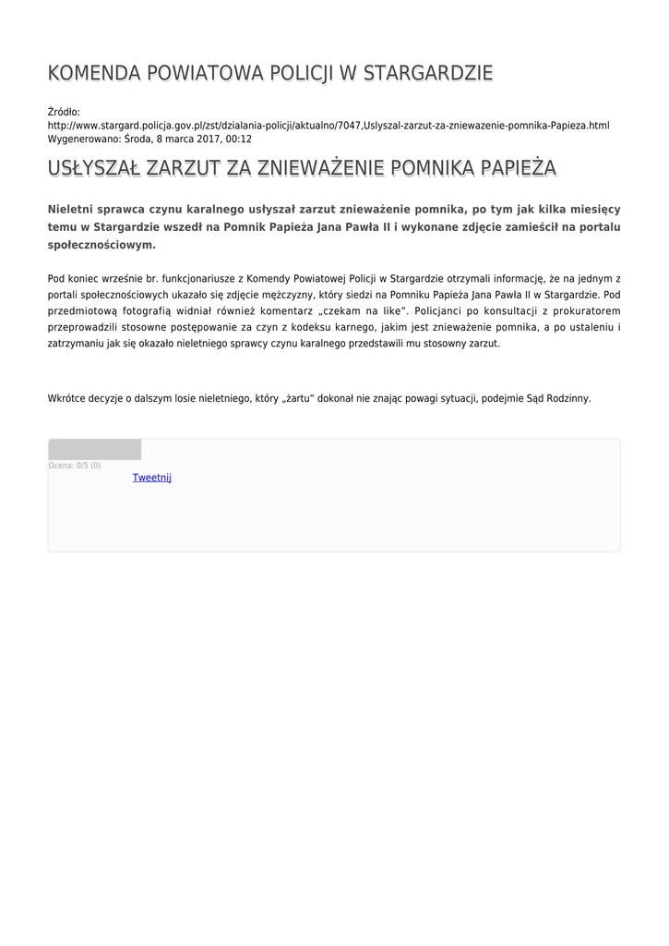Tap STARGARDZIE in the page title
pos(429,73)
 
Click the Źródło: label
pos(64,112)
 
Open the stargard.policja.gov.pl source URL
pos(329,125)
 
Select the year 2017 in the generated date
pos(204,139)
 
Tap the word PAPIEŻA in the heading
pos(516,168)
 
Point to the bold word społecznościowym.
pos(102,245)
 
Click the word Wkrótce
pos(66,398)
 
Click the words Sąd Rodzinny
pos(557,398)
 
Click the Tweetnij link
pos(151,478)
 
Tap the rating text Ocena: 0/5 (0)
pos(75,466)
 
